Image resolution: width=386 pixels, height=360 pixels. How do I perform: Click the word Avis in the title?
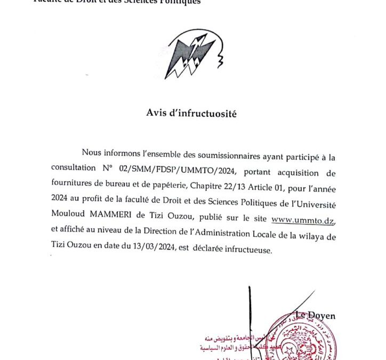tap(157, 113)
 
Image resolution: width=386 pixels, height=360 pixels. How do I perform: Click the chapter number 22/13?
tap(225, 189)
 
